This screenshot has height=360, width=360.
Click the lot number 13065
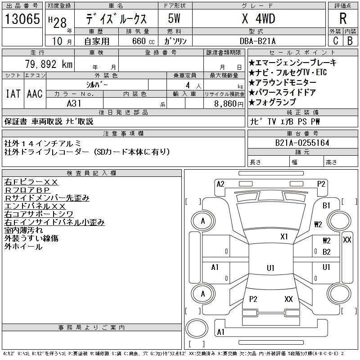point(22,18)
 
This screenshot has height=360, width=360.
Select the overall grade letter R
point(343,18)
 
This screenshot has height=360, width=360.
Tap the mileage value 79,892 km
point(49,64)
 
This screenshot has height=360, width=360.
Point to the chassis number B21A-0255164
point(302,143)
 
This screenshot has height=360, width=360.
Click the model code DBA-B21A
point(257,41)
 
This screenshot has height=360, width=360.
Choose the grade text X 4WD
point(258,18)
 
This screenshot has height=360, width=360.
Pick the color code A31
point(74,103)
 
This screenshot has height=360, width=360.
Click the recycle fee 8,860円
point(229,104)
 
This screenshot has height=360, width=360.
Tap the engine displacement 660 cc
point(143,41)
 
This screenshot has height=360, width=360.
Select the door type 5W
point(174,18)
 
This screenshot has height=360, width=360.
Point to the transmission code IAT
point(13,94)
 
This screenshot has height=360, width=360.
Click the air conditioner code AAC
point(35,94)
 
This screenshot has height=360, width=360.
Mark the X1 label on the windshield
point(284,237)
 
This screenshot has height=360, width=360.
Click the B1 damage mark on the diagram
point(326,206)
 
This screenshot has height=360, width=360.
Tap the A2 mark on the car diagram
point(220,184)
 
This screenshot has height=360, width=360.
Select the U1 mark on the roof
point(271,268)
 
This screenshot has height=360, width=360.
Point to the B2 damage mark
point(327,252)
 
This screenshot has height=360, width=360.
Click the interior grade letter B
point(350,41)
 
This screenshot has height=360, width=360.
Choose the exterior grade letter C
point(335,41)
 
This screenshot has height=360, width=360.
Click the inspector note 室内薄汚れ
point(23,230)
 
